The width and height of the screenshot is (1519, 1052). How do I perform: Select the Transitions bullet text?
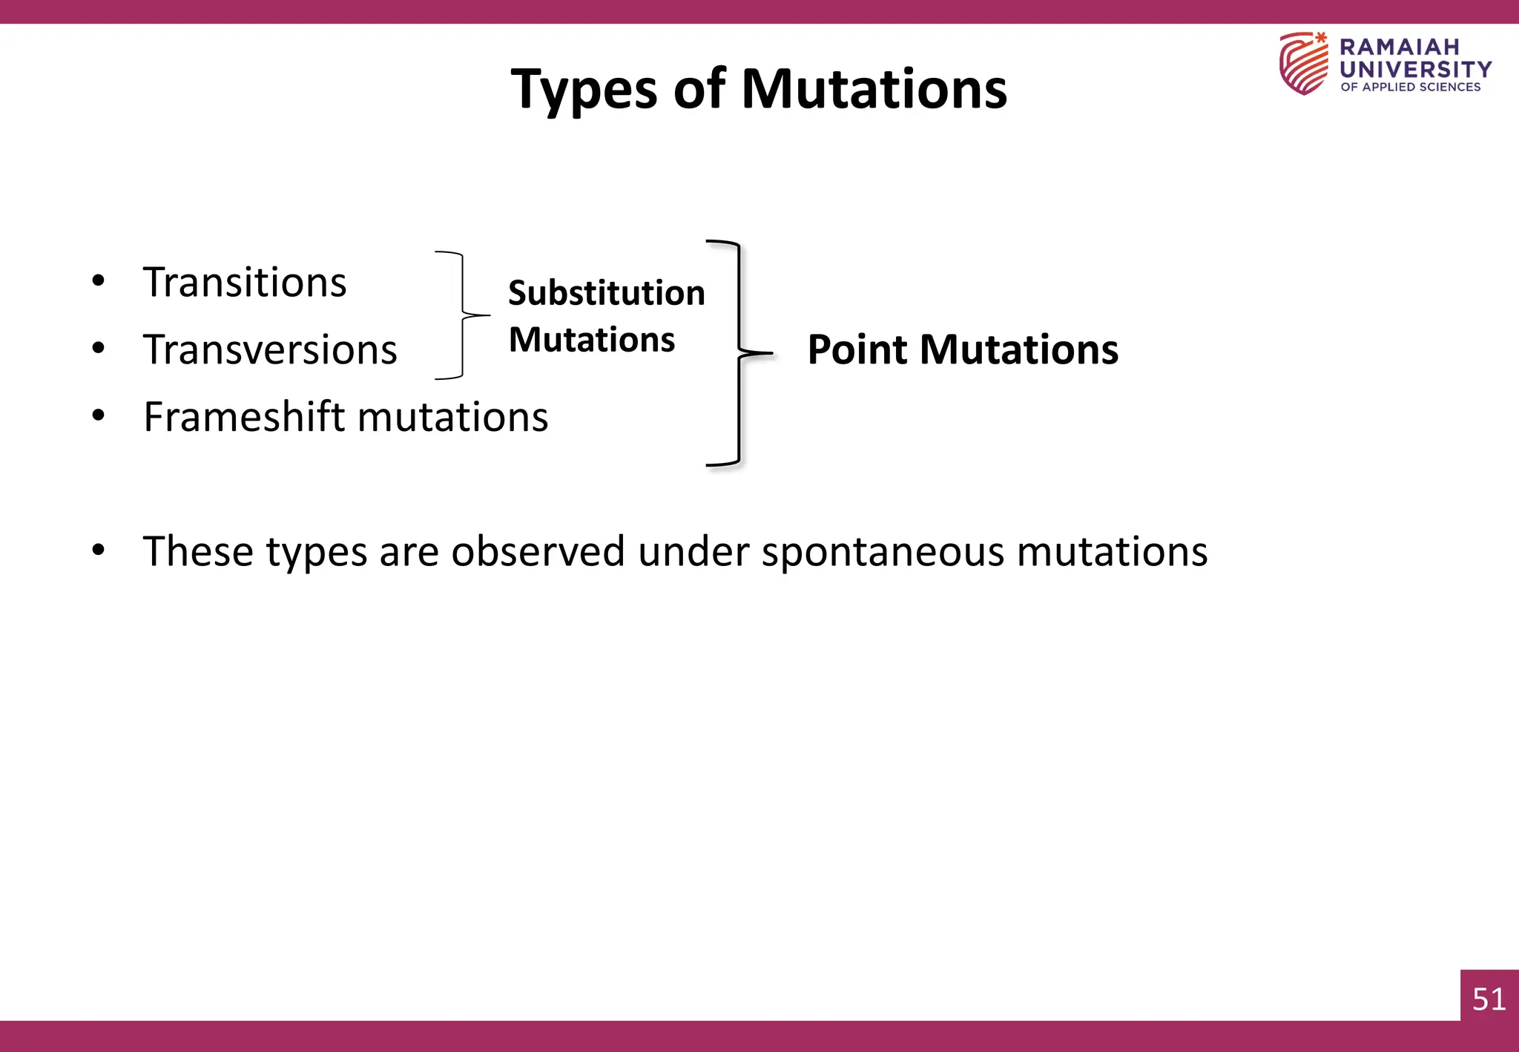(245, 283)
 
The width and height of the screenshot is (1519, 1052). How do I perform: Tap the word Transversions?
(270, 350)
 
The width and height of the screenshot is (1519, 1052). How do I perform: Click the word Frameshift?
(245, 417)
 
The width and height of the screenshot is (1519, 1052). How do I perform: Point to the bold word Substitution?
(606, 293)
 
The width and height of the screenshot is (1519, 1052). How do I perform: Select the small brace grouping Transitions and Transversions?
(464, 315)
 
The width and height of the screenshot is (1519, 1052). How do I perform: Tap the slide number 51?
(1489, 999)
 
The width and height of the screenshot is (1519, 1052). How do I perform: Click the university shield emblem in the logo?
(1304, 64)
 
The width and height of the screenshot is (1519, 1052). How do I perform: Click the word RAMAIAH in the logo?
(1399, 47)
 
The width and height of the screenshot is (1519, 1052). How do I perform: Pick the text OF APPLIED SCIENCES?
(1410, 87)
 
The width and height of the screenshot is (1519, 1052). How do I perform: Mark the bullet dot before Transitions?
(99, 281)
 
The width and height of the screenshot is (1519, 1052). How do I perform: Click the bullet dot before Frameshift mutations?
(99, 415)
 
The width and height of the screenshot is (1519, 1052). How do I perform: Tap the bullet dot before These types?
(99, 550)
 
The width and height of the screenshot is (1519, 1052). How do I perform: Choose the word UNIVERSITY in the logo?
(1415, 69)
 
